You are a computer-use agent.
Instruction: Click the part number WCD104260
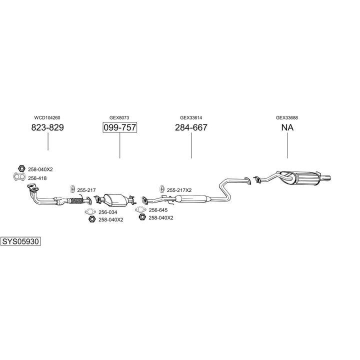(47, 118)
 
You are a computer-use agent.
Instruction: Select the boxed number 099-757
(119, 128)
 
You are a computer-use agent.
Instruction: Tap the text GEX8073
(119, 118)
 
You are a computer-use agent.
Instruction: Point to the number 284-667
(191, 128)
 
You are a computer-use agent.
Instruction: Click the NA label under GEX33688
(287, 128)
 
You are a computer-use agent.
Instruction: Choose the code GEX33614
(191, 118)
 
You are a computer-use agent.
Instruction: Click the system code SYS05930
(20, 241)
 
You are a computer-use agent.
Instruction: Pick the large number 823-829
(47, 128)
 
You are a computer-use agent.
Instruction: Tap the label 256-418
(37, 178)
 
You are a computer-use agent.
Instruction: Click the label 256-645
(158, 210)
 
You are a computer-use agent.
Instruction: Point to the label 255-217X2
(179, 190)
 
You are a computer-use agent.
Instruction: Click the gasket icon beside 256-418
(18, 177)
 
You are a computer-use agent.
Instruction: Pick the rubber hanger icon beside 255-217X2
(161, 189)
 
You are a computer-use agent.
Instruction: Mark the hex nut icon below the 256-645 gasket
(142, 217)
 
